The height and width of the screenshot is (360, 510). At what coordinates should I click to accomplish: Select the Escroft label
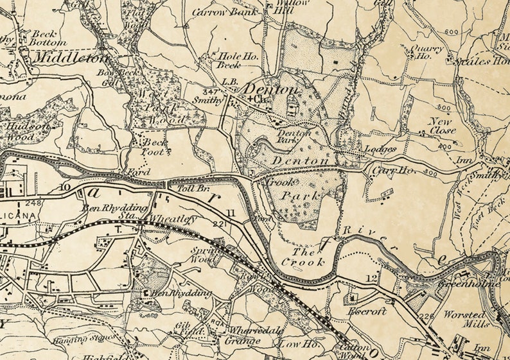367,311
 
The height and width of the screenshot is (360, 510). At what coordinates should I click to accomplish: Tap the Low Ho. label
295,344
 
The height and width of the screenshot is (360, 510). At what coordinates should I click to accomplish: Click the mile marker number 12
372,278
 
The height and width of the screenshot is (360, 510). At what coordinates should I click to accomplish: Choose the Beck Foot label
155,146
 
